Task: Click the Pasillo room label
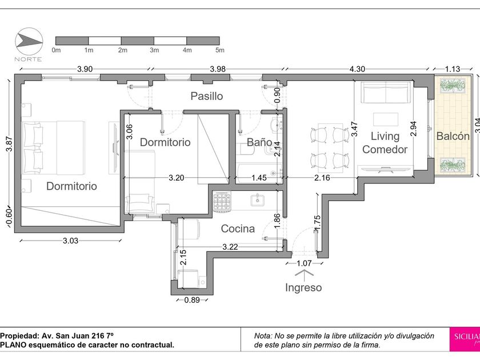click(207, 96)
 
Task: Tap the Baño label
click(259, 142)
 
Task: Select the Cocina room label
click(238, 229)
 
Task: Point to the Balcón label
click(453, 136)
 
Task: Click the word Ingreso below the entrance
click(303, 287)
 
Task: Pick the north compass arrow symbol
click(29, 42)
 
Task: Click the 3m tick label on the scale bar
click(154, 50)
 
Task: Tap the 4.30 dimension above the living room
click(357, 69)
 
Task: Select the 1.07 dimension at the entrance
click(304, 263)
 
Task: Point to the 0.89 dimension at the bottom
click(192, 299)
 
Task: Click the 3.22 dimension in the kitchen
click(230, 247)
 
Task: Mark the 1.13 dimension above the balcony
click(453, 69)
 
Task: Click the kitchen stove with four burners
click(222, 201)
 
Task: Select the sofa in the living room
click(386, 93)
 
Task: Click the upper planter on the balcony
click(453, 85)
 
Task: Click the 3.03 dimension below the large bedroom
click(70, 241)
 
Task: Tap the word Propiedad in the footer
click(19, 336)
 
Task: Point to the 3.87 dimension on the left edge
click(9, 143)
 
